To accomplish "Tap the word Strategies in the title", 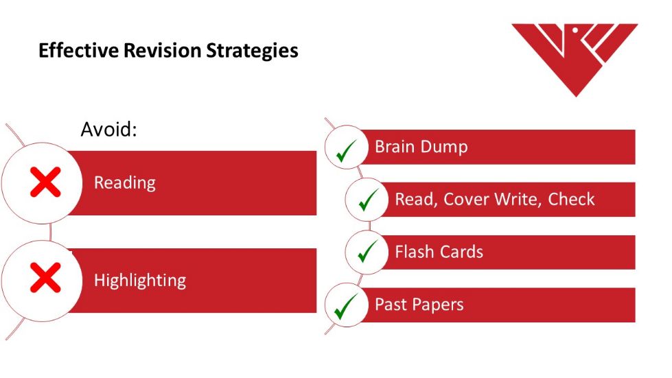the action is (x=253, y=51).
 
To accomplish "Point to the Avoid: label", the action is (x=109, y=129).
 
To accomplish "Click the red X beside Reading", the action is (x=45, y=182).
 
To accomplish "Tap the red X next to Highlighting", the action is (x=45, y=278).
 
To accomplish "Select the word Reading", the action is (x=125, y=183).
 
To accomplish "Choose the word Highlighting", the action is (x=140, y=281).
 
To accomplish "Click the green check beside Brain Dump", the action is (x=346, y=151).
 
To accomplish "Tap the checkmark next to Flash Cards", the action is (x=367, y=251).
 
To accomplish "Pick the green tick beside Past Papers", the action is (x=346, y=307).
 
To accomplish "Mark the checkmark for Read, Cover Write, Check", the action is (x=368, y=200).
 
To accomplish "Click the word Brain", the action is (x=396, y=147).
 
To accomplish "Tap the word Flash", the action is (x=415, y=252).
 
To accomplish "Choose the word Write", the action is (x=518, y=200).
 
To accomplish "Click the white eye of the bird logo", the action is (x=576, y=31).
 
